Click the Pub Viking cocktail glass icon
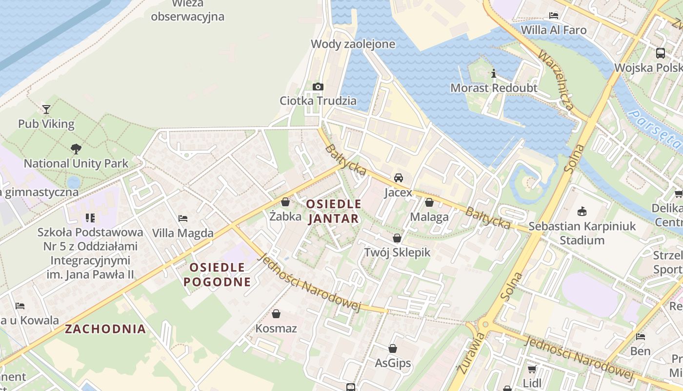(x=46, y=109)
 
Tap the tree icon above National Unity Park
(x=76, y=149)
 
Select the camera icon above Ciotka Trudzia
(x=318, y=87)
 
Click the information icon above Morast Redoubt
(x=494, y=74)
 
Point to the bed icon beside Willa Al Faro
(x=554, y=16)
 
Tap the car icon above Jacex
(x=399, y=177)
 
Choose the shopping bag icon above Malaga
(x=429, y=202)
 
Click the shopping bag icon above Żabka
(x=285, y=202)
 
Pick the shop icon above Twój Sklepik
(x=397, y=238)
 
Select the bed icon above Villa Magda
(x=183, y=218)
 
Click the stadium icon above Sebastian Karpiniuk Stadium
(x=582, y=212)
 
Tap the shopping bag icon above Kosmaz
(x=276, y=313)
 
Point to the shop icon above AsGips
(x=393, y=348)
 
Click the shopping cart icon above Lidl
(x=532, y=369)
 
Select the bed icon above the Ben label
(x=641, y=336)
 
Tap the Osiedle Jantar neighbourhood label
(x=334, y=211)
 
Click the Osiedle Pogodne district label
(x=217, y=274)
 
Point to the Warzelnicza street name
(x=556, y=79)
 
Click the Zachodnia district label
(x=105, y=329)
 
